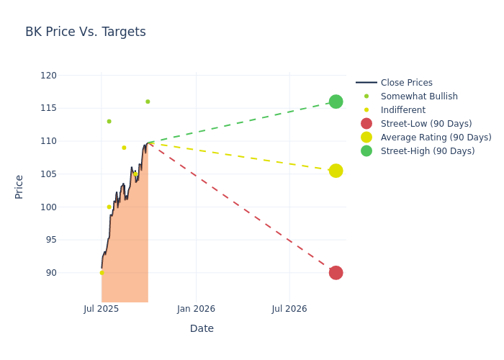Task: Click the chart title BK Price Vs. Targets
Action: (x=86, y=32)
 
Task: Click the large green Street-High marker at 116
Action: (x=336, y=102)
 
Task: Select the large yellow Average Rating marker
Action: (x=336, y=171)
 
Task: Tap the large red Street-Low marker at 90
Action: (x=336, y=273)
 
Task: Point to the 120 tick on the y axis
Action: (x=48, y=76)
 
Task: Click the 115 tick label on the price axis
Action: (x=48, y=108)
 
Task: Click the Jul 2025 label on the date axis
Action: (x=102, y=309)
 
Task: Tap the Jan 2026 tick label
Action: (x=196, y=309)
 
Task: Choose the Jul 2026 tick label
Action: (x=289, y=309)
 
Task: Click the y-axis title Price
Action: (x=19, y=186)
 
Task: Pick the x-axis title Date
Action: (x=202, y=328)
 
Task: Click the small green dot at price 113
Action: (x=109, y=121)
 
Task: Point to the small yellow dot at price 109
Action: (x=124, y=148)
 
